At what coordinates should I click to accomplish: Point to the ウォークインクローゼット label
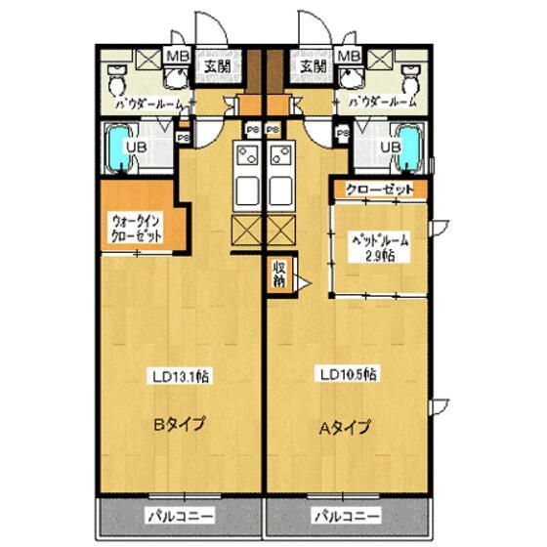pos(135,229)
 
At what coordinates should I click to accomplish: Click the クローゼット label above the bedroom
pos(380,189)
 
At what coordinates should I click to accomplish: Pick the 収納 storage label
pos(279,274)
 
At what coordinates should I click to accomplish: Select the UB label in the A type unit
pos(390,147)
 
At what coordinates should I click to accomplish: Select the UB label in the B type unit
pos(142,147)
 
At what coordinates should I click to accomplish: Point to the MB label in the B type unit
pos(180,57)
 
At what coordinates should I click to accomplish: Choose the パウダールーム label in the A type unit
pos(380,102)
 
